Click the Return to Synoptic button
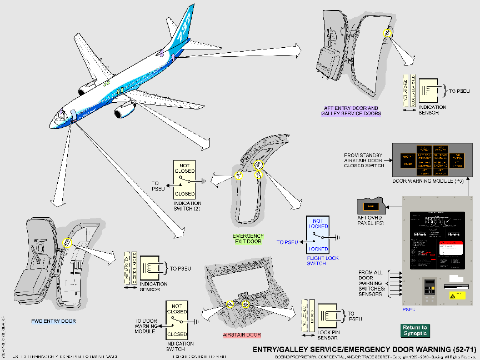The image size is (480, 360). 415,331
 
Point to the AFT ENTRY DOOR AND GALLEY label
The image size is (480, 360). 351,111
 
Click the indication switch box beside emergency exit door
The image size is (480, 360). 185,179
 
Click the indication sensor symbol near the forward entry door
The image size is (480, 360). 149,269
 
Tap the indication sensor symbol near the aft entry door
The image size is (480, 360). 428,89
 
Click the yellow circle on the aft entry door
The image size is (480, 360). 387,34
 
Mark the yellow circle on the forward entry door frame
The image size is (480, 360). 67,243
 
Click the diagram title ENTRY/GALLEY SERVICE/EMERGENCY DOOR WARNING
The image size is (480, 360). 364,349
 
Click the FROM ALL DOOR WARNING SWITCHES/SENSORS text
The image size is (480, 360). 370,282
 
